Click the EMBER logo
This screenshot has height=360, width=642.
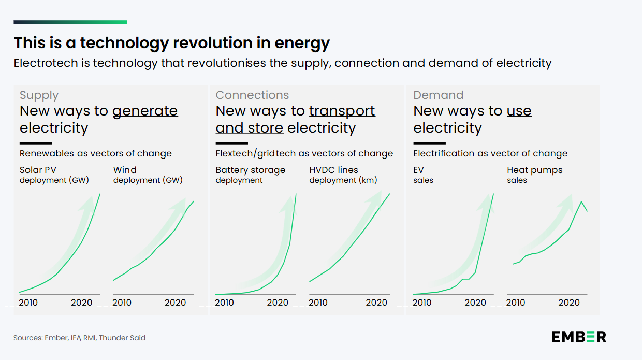578,337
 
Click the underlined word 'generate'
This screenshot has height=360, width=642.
145,111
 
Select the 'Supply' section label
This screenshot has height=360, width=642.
39,95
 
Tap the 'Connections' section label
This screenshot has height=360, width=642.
252,95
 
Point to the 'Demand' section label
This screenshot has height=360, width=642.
438,95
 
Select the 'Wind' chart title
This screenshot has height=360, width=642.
125,170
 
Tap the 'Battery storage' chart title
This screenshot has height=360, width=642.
250,170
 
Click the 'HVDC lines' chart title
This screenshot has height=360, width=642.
333,170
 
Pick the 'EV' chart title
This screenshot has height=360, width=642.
418,170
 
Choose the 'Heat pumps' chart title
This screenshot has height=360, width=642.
534,170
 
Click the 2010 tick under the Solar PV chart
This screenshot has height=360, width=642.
28,303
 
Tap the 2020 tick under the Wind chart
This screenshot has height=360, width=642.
175,303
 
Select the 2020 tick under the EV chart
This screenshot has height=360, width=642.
475,303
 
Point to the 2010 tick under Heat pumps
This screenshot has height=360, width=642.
515,303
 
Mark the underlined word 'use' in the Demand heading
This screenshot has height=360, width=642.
519,111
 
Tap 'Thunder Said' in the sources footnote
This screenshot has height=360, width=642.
122,338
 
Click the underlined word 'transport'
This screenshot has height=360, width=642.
342,111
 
